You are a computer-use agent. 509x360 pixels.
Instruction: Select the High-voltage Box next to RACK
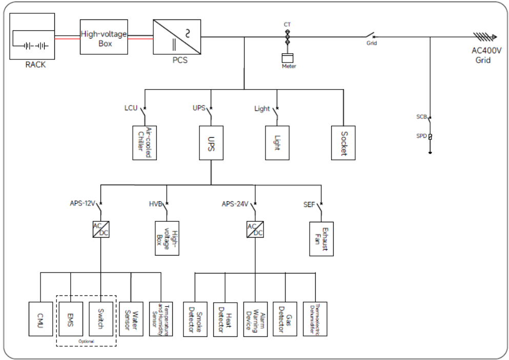[104, 37]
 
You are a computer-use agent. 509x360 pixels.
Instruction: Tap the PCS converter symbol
[177, 37]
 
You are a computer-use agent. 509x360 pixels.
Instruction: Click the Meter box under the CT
[288, 57]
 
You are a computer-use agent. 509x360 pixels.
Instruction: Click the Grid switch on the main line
[371, 36]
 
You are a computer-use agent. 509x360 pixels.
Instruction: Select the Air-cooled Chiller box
[144, 142]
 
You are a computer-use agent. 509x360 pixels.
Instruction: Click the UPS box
[211, 142]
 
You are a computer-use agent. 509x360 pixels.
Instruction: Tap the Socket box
[343, 142]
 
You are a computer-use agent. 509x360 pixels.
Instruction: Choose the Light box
[277, 142]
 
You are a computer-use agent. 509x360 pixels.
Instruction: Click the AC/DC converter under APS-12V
[100, 229]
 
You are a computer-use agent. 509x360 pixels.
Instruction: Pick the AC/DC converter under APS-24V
[255, 229]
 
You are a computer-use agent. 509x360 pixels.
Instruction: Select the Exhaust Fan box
[321, 238]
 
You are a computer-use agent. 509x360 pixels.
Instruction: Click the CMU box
[40, 319]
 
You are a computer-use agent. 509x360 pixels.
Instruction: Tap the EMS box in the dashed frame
[71, 319]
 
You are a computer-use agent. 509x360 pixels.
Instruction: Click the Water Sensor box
[131, 319]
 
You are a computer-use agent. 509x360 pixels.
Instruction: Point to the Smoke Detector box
[195, 319]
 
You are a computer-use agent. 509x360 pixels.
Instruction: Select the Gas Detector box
[285, 319]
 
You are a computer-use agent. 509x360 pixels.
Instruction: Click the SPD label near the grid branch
[421, 136]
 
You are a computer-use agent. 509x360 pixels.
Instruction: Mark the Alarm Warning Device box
[255, 319]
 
